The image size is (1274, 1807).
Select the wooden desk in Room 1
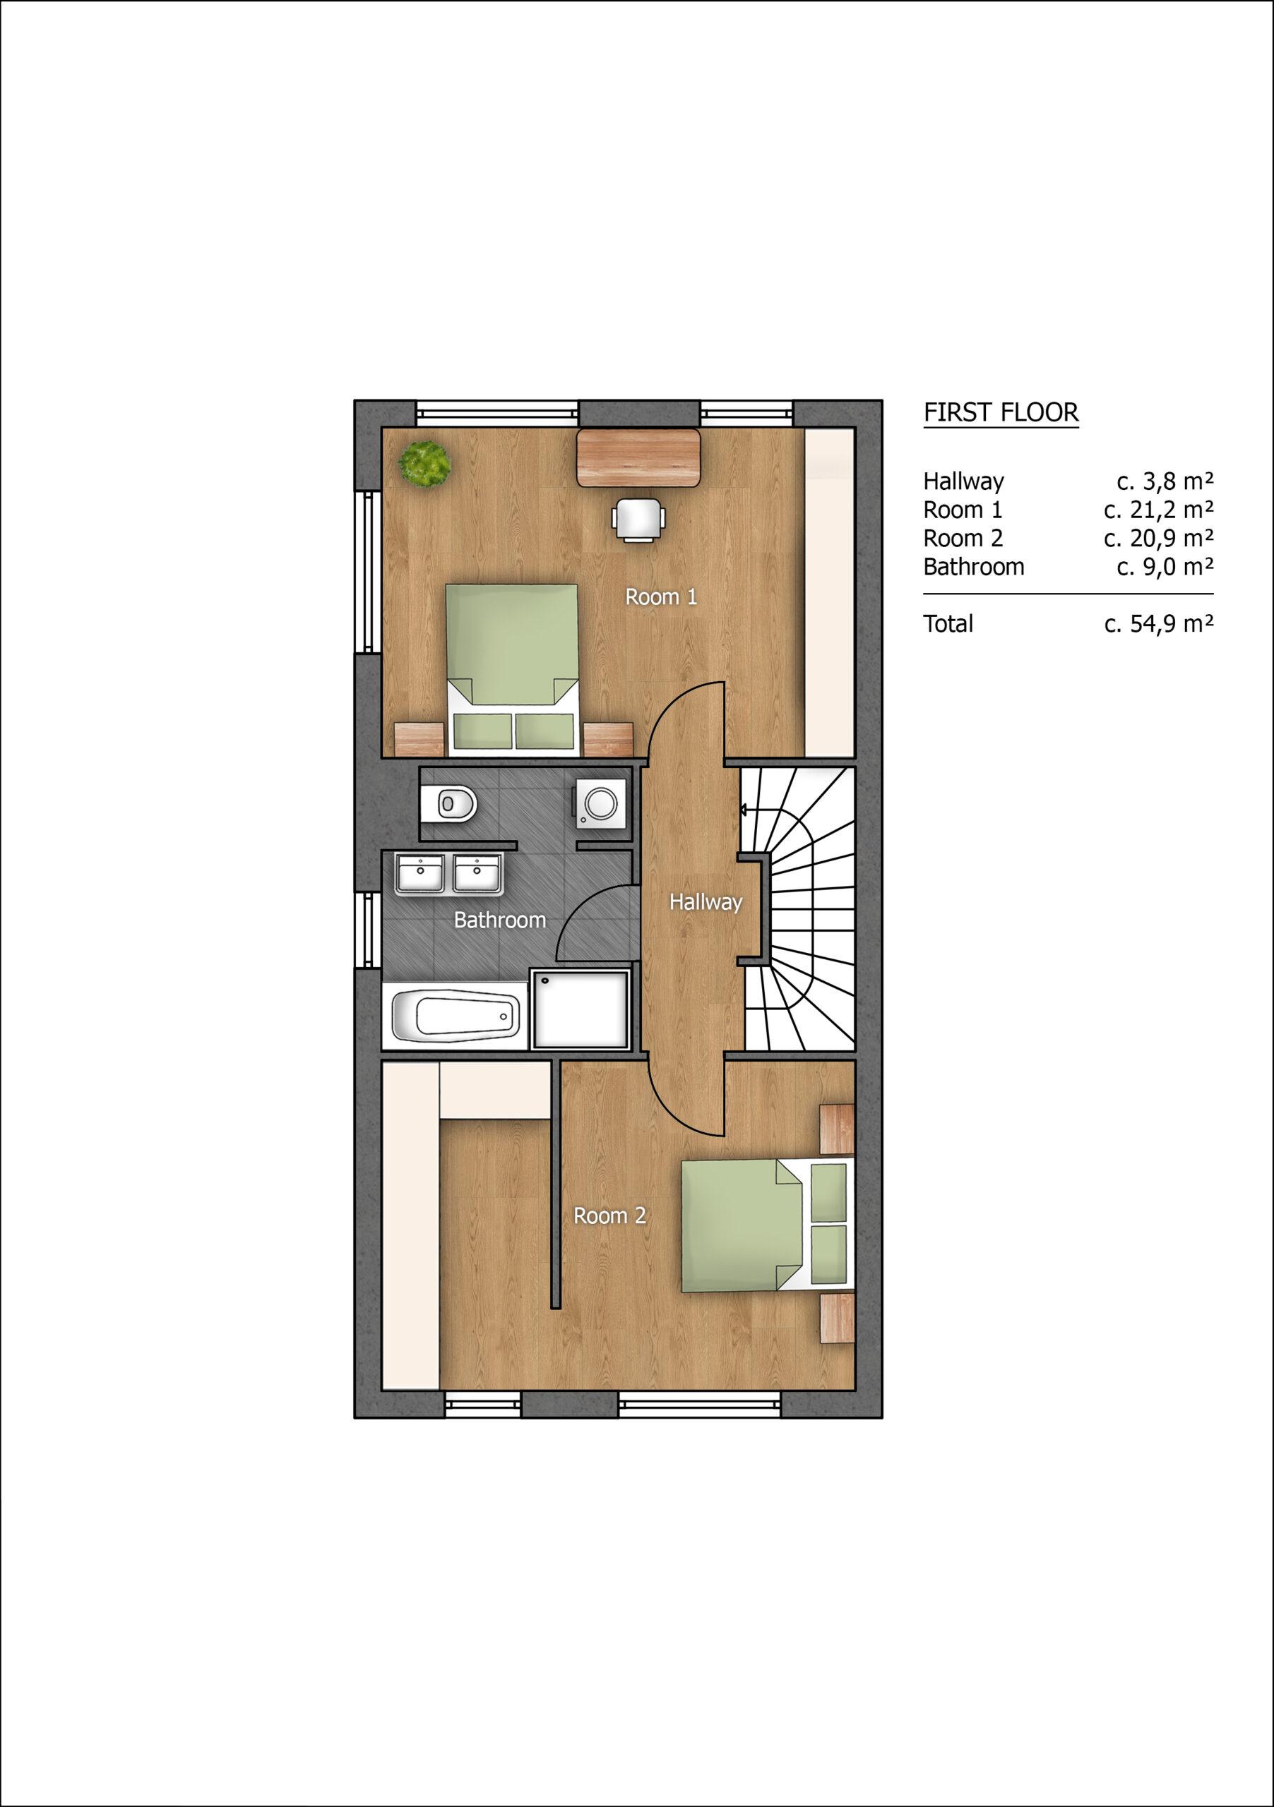pos(638,457)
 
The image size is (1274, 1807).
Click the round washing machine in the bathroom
pos(602,803)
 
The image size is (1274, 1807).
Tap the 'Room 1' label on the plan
pos(660,597)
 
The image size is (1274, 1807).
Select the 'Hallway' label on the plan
pos(706,903)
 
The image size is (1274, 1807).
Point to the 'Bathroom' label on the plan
pos(500,920)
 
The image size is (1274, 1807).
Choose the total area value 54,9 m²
pos(1158,624)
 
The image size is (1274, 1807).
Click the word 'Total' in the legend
pos(948,624)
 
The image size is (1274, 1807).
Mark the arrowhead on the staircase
pos(742,808)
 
